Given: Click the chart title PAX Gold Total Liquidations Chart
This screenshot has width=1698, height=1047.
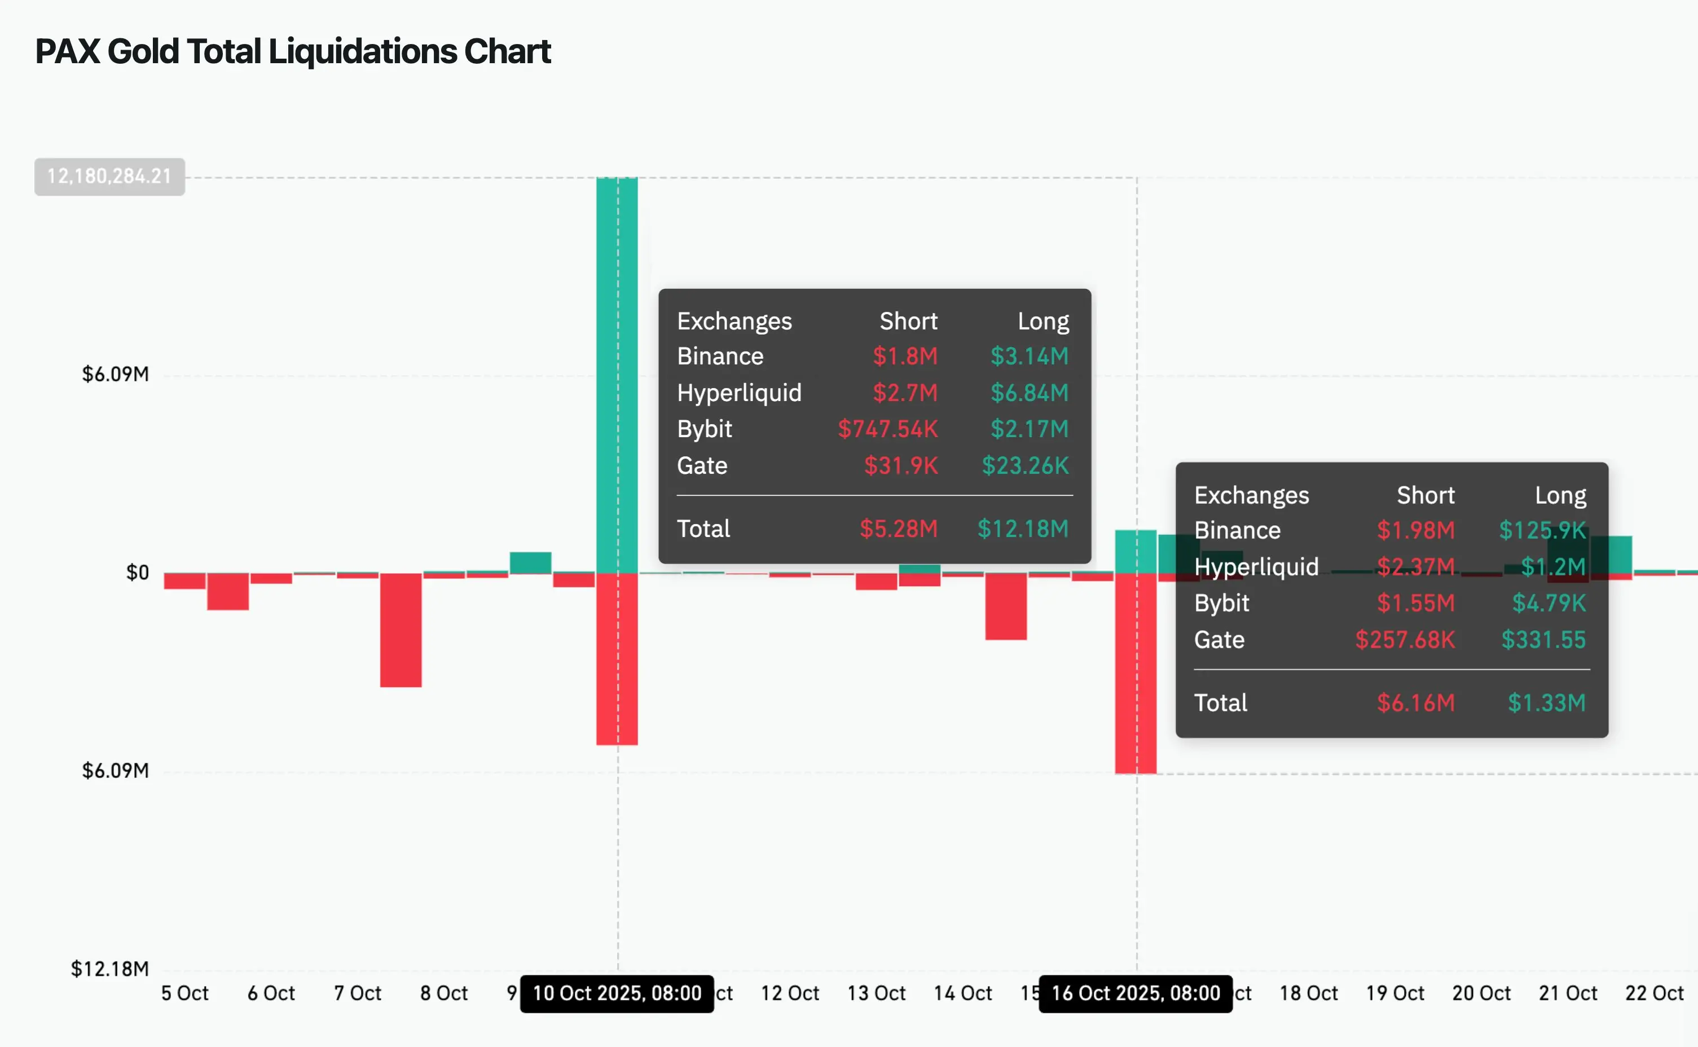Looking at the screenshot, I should (293, 51).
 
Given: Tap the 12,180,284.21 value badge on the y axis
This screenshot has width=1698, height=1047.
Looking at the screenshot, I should (109, 177).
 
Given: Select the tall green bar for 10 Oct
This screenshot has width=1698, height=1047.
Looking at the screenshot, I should (617, 374).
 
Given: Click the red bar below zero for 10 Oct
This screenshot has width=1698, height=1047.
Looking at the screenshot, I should (617, 658).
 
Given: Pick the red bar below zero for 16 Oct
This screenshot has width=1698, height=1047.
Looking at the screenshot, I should (1135, 672).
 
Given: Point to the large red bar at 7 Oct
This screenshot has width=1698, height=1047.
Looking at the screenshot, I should (401, 630).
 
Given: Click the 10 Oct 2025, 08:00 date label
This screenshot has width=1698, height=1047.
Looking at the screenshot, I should (617, 993).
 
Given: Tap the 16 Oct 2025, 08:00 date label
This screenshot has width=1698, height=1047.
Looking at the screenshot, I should (1135, 993).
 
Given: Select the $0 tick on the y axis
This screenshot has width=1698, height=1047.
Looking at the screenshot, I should (137, 573).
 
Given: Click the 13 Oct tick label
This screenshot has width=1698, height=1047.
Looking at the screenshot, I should (876, 993).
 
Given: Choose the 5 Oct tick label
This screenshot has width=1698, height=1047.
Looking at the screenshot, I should (184, 993).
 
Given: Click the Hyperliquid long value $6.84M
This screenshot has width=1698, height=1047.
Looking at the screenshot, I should (1029, 393).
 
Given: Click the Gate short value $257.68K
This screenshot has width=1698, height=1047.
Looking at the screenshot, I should (1405, 639).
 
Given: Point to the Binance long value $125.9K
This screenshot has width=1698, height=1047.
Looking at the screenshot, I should (1542, 530).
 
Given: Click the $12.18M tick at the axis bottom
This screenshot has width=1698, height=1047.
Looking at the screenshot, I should (109, 968).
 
